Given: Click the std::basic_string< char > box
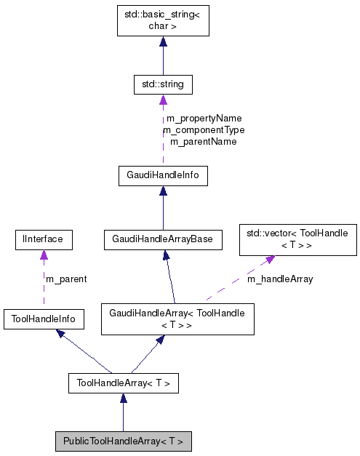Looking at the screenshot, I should [163, 20].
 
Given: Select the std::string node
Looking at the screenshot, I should [163, 84].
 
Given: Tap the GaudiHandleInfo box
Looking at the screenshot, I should [163, 175].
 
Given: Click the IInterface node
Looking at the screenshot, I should [43, 239].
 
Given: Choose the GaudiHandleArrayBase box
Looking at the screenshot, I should [163, 239].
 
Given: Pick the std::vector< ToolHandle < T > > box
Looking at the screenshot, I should [298, 239].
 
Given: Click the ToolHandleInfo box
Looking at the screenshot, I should [43, 318].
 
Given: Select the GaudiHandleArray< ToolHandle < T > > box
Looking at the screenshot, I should [177, 319].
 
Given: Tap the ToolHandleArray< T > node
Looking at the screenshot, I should [123, 383].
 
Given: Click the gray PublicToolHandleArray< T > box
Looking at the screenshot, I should [123, 441].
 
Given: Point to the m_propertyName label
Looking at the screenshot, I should [204, 118].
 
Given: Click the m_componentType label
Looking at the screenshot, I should [204, 129].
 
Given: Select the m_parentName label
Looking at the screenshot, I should [204, 141].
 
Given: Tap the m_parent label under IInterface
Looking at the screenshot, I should [65, 279].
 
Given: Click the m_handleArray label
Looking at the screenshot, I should [280, 279].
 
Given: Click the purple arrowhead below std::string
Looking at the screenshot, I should [163, 100].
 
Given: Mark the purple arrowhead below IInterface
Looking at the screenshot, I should [44, 255].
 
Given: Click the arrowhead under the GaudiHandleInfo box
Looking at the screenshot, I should [163, 191].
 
